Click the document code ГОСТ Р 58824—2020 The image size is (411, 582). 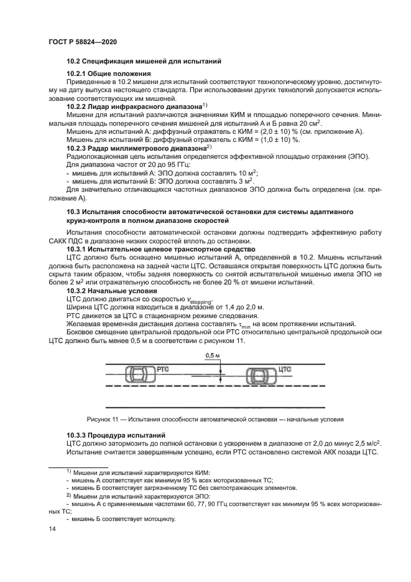pos(82,41)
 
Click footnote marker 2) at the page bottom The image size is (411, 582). pos(69,495)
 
